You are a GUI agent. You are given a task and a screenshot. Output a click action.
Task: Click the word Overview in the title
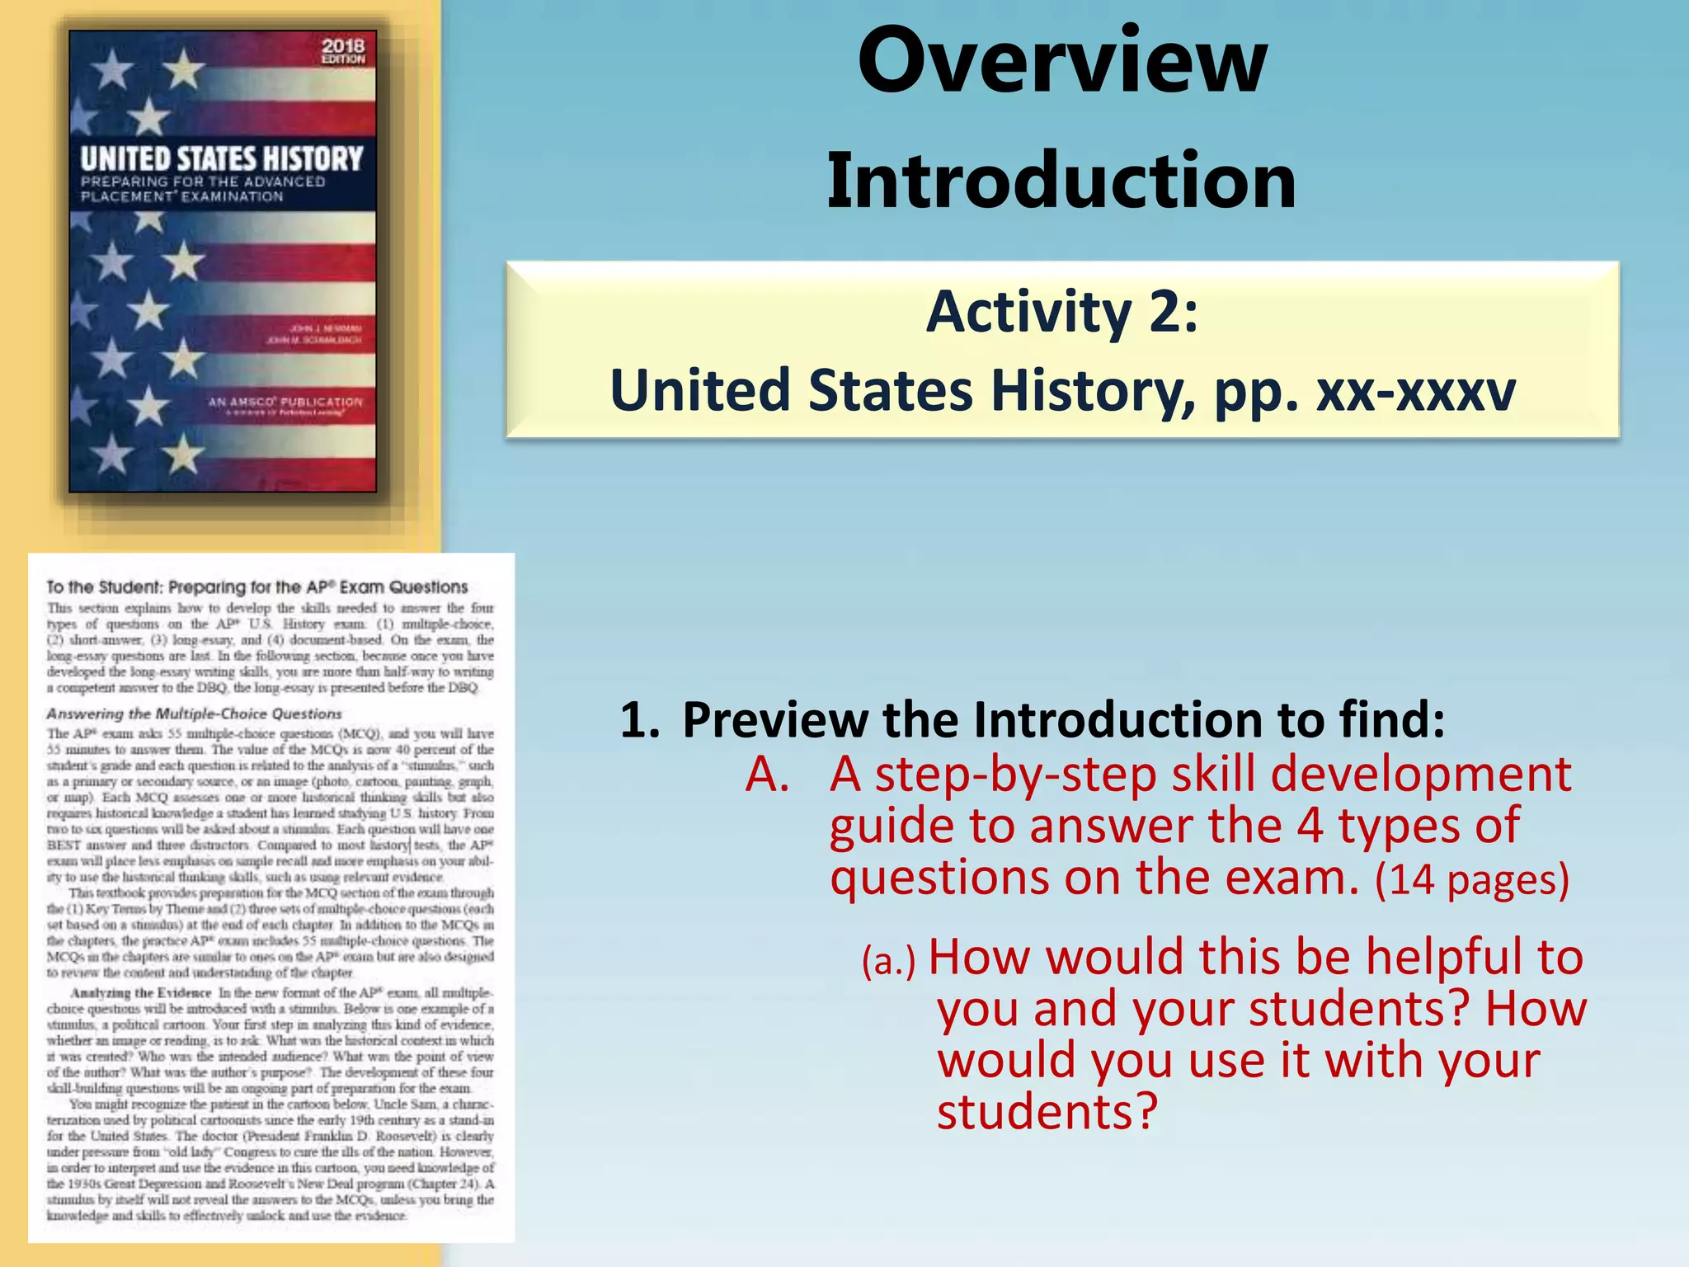[1062, 62]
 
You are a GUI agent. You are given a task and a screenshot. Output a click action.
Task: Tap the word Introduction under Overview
[1061, 181]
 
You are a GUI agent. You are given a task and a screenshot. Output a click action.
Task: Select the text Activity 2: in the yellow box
[1062, 312]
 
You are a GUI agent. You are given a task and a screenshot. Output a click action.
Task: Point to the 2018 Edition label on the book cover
[343, 51]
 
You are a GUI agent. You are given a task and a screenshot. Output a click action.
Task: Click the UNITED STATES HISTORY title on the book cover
[222, 158]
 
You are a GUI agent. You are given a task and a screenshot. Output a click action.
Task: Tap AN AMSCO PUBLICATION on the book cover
[285, 403]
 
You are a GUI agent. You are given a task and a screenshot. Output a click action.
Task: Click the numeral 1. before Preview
[639, 720]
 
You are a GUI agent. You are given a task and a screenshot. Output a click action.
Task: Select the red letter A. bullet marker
[767, 775]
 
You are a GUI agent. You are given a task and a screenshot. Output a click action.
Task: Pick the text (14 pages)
[1471, 879]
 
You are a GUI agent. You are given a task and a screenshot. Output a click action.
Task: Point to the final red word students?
[1047, 1112]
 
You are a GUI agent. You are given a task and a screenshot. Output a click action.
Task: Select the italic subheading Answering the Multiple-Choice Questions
[194, 714]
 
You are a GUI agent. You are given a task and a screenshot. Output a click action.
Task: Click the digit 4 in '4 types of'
[1310, 827]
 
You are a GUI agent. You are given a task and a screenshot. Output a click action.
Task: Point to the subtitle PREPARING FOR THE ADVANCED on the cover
[203, 181]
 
